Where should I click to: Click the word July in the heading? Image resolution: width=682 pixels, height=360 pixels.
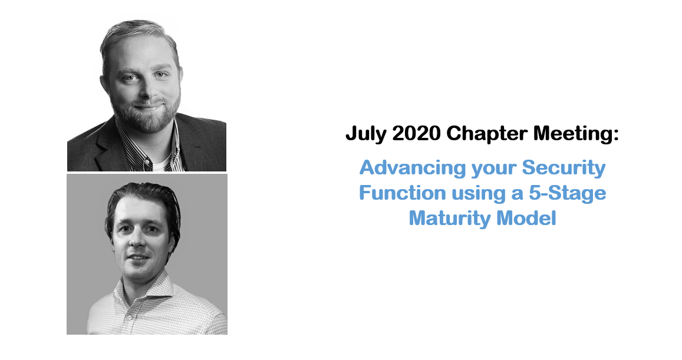click(366, 134)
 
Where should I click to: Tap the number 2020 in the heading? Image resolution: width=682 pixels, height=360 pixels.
click(416, 134)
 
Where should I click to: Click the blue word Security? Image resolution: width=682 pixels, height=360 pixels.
click(564, 169)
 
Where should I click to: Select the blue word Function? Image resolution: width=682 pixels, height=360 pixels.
click(403, 193)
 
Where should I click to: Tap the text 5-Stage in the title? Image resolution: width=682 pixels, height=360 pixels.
click(567, 193)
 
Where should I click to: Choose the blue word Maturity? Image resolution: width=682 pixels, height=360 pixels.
click(449, 219)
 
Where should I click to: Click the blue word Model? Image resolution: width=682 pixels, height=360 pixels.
click(526, 218)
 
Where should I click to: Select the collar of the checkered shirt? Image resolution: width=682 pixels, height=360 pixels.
click(144, 287)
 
